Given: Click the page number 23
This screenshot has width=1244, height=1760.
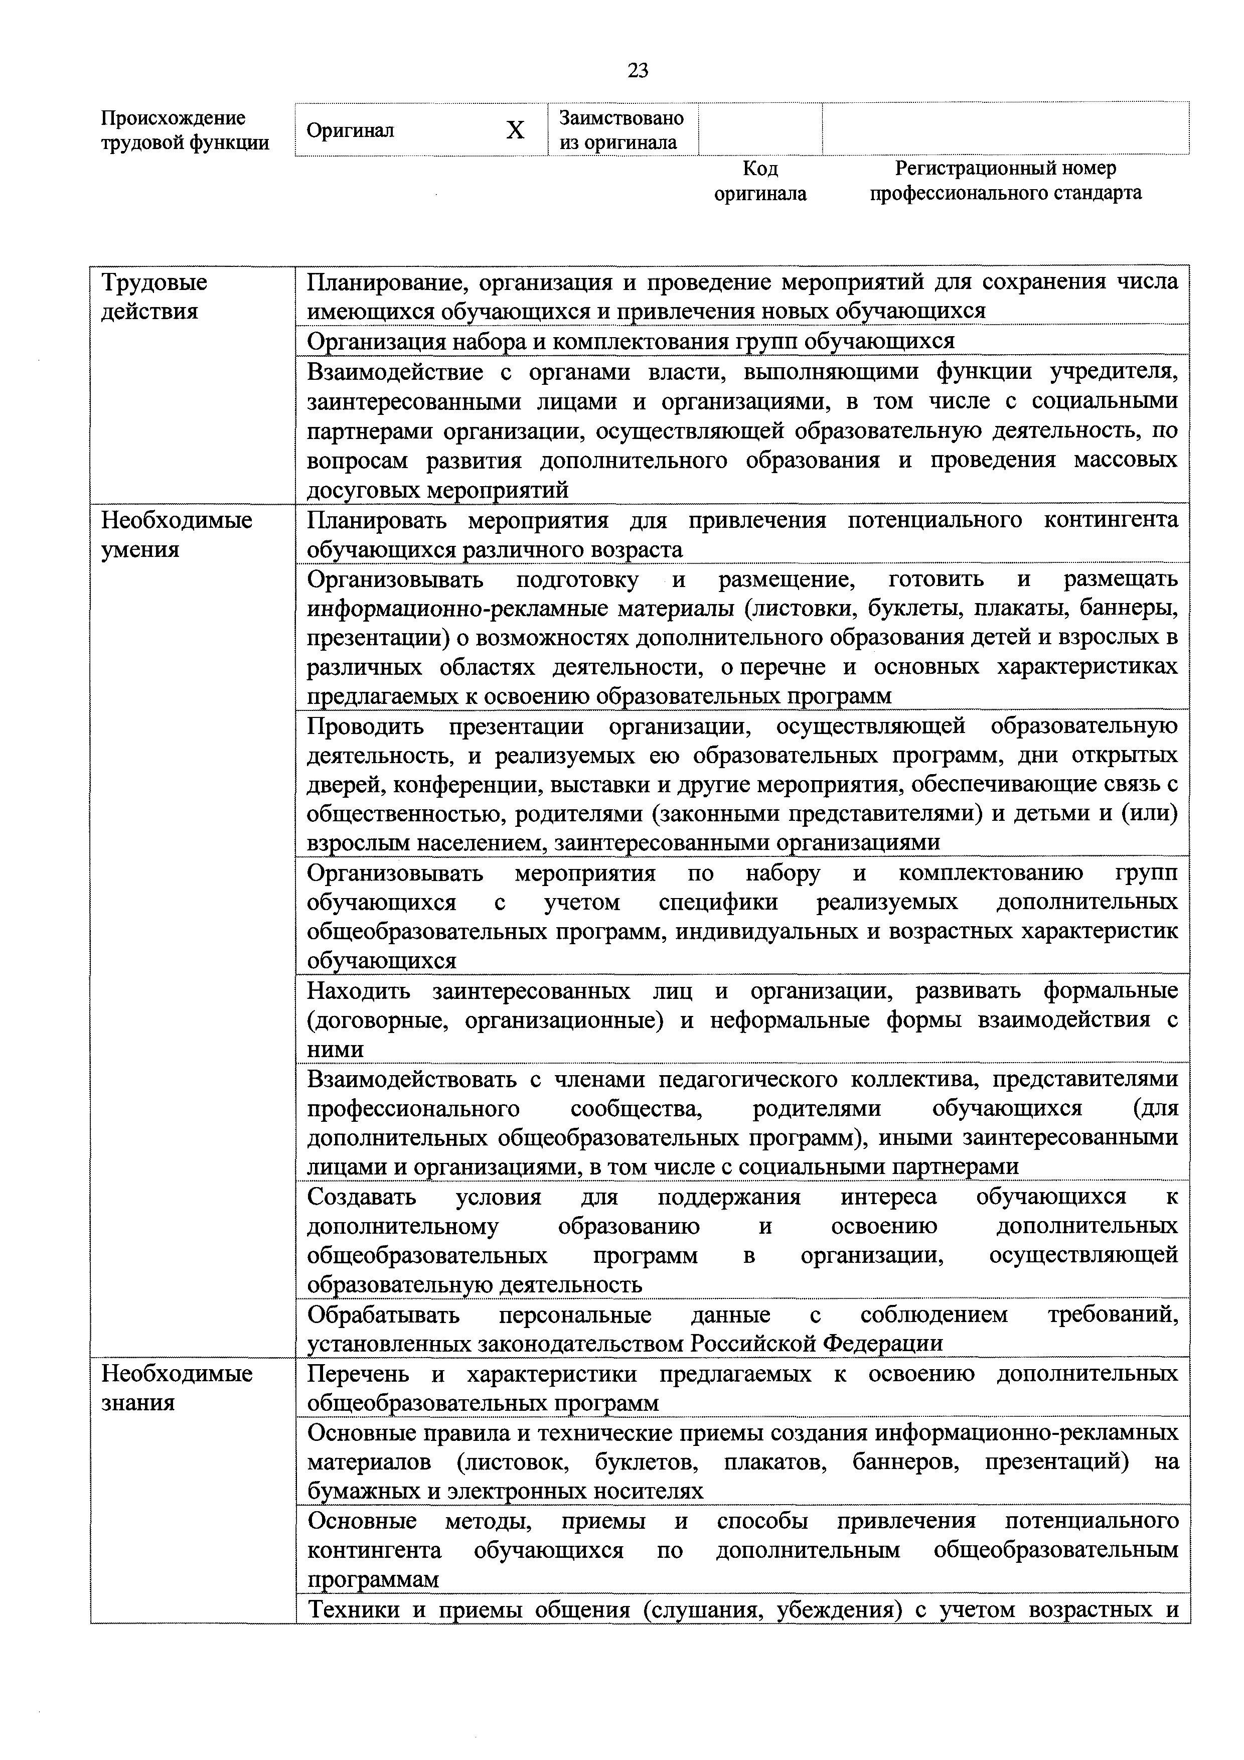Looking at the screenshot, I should click(638, 71).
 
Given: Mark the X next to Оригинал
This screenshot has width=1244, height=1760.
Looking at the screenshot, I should click(515, 130).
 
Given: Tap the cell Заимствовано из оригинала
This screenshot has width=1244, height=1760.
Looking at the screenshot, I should click(621, 130).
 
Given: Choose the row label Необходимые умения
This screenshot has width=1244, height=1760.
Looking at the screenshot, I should click(176, 535).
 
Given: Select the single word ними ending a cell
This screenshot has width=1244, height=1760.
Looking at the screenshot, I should click(335, 1050).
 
